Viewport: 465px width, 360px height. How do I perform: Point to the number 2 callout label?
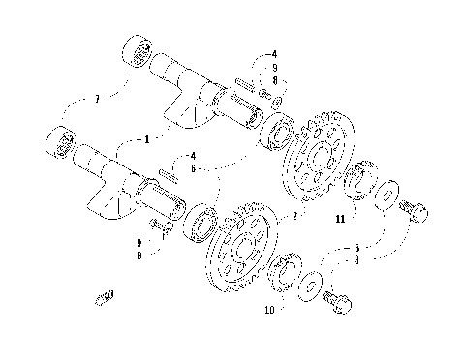294,215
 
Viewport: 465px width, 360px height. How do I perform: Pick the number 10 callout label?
268,310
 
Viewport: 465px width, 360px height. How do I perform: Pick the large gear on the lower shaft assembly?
235,254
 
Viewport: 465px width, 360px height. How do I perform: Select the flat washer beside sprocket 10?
310,285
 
